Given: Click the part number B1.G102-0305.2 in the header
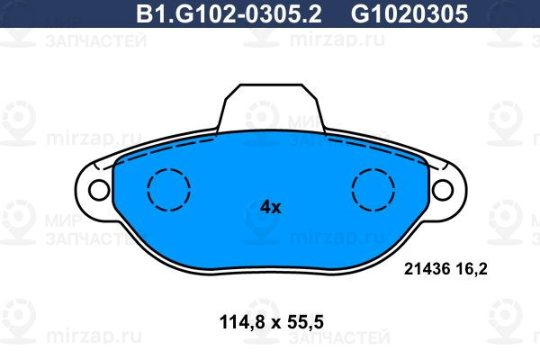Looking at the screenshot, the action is [229, 14].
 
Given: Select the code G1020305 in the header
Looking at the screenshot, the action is [409, 14].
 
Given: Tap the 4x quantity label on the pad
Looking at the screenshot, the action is [270, 207].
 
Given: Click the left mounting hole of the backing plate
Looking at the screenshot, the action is [99, 190].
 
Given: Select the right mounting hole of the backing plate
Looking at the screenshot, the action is [443, 190].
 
